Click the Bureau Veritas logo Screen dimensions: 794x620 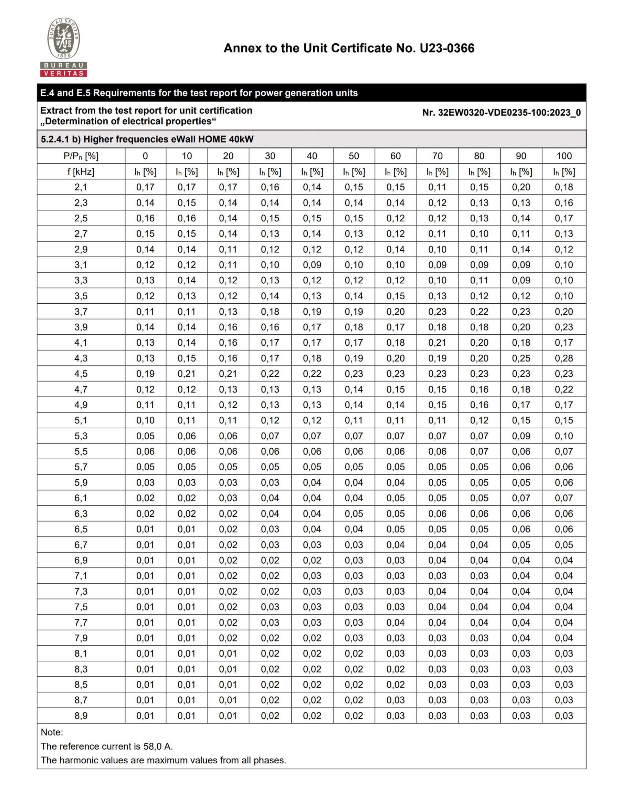point(64,47)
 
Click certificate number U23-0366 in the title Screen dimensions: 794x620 point(446,48)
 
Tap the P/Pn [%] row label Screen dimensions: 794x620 point(81,156)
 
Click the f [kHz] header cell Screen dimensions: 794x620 point(81,171)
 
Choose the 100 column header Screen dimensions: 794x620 point(564,156)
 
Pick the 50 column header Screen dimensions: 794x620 point(354,156)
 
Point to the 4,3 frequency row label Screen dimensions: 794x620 point(81,358)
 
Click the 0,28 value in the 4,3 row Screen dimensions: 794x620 point(564,358)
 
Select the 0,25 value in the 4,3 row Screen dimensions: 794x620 point(521,358)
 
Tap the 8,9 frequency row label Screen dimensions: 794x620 point(81,715)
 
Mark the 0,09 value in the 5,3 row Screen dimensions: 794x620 point(521,436)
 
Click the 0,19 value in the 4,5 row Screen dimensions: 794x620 point(145,374)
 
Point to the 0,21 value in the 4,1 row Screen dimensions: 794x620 point(437,343)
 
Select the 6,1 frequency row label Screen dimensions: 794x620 point(81,498)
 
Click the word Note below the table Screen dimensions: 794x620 point(51,732)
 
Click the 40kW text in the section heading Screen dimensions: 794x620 point(241,139)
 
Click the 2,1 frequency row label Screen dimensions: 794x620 point(81,187)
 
